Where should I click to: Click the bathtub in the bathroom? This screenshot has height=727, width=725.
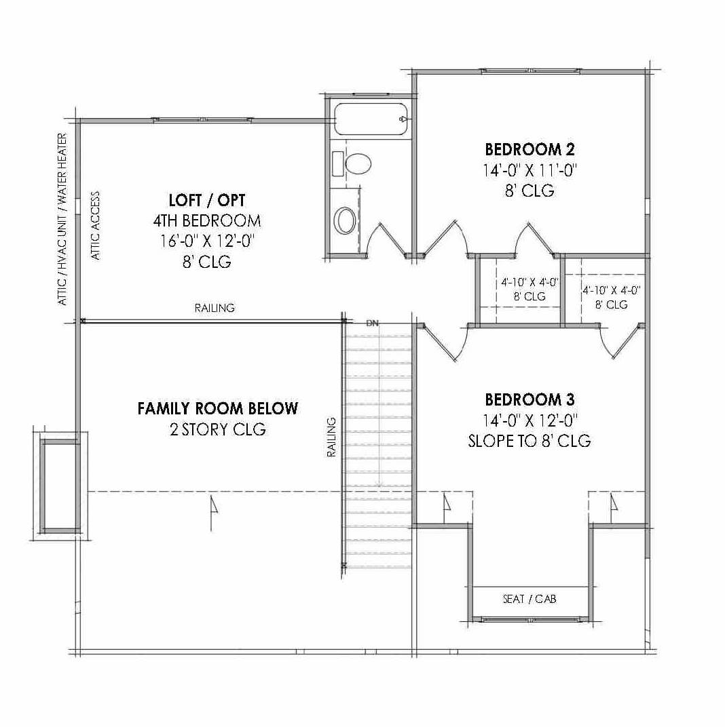(x=369, y=119)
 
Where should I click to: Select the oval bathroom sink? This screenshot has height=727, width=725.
(x=346, y=220)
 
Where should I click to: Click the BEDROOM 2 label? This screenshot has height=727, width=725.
(x=530, y=149)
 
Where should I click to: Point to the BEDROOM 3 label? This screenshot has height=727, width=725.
(x=530, y=399)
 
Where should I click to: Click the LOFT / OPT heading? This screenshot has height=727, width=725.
(x=206, y=200)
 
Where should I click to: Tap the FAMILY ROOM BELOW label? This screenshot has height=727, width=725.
(x=217, y=408)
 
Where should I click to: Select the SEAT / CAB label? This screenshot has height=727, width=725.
(x=529, y=600)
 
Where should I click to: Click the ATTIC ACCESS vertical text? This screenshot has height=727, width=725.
(x=96, y=226)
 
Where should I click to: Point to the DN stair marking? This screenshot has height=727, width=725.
(x=372, y=323)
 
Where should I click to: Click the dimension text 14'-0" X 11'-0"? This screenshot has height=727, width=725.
(x=530, y=170)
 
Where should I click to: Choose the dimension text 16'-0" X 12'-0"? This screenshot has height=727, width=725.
(x=206, y=241)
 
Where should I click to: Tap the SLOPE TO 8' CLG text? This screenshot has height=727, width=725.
(x=529, y=441)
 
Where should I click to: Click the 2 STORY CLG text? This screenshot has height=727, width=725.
(x=217, y=429)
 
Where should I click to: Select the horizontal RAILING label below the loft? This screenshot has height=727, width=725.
(x=215, y=308)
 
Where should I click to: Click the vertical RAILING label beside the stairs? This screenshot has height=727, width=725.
(x=332, y=437)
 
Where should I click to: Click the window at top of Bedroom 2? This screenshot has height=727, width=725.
(x=530, y=70)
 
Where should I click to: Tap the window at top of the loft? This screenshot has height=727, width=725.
(x=205, y=120)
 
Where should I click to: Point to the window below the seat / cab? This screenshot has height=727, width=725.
(x=530, y=618)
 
